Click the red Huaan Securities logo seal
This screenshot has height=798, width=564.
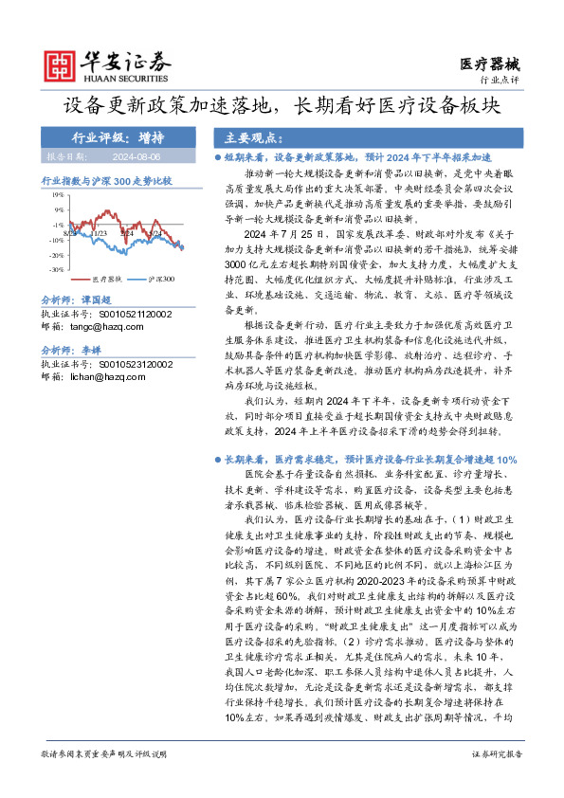click(63, 64)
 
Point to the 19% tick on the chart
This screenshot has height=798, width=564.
click(58, 195)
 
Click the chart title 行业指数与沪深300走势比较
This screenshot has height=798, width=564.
click(105, 178)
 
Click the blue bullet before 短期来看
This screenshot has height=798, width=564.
click(218, 155)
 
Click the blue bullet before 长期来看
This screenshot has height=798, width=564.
click(218, 458)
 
